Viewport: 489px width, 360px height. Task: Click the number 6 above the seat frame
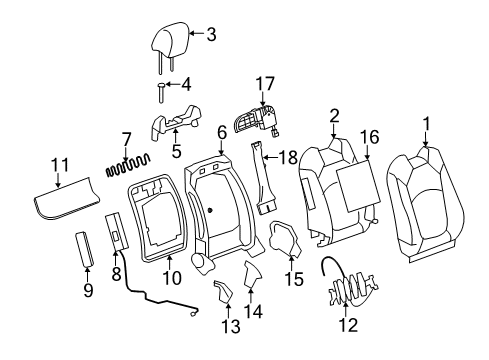click(221, 132)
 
